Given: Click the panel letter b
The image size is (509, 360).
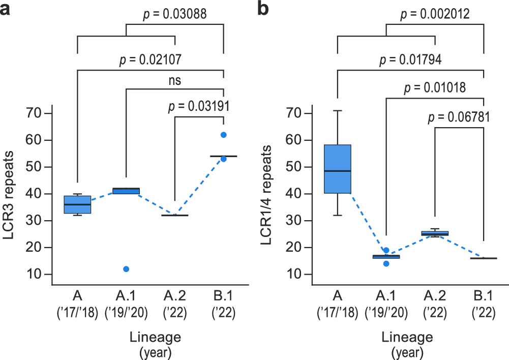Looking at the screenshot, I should click(264, 9).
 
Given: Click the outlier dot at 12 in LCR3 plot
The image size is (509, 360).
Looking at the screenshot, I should click(126, 269).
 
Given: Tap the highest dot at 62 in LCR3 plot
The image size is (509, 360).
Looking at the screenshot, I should click(223, 135).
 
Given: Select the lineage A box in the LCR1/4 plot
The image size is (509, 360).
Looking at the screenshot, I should click(338, 169).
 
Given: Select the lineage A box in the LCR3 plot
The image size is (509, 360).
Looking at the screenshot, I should click(77, 204).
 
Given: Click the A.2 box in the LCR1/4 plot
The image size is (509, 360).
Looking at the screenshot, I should click(435, 233).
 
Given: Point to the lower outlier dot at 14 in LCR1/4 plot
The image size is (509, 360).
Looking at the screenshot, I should click(386, 263).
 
